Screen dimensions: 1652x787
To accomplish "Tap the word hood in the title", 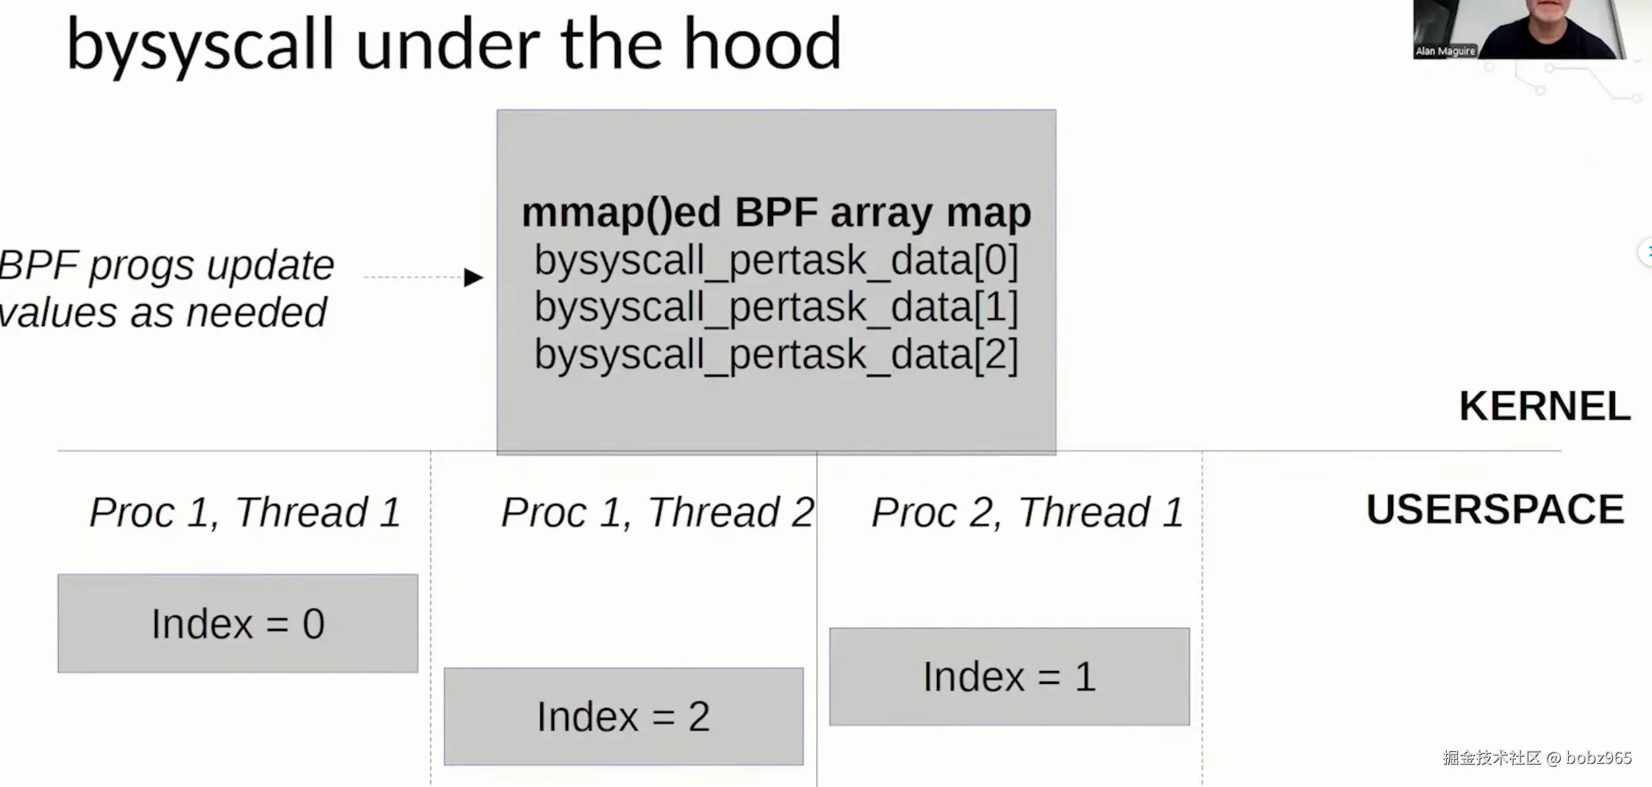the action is tap(763, 44).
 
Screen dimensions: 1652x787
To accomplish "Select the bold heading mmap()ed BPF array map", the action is tap(776, 212).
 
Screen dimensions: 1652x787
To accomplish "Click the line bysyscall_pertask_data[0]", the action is tap(776, 260).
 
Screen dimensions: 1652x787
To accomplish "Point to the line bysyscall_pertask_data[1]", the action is tap(776, 307).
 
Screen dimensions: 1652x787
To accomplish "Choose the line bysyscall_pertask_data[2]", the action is tap(776, 354).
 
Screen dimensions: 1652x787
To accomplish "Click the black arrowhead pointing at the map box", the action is tap(473, 277).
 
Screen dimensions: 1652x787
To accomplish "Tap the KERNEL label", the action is tap(1544, 406).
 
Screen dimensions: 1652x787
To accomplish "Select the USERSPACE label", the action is tap(1495, 509).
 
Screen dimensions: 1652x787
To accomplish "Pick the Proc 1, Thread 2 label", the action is tap(658, 513).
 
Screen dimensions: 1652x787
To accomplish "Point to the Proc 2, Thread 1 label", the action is tap(1027, 513).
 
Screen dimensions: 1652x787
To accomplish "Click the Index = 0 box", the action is tap(238, 623).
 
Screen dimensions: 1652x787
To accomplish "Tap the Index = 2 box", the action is tap(623, 716).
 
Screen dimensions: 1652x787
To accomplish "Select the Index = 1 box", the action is tap(1009, 677).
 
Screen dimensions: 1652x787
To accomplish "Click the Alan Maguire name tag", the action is tap(1445, 51).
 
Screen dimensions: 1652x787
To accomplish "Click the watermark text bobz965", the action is tap(1598, 757).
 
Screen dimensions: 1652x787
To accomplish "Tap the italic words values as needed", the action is tap(162, 313).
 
